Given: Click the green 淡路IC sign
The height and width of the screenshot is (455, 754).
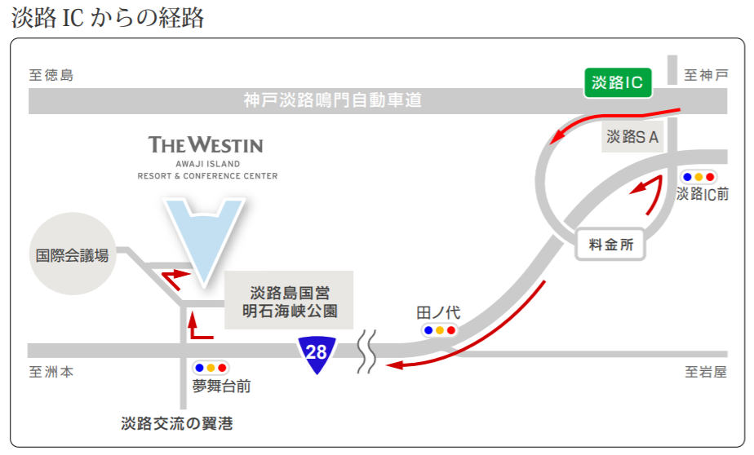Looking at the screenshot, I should click(617, 82).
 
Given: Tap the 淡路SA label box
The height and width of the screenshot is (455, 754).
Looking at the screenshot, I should click(632, 137).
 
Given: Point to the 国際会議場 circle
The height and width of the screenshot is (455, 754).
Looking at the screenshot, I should click(72, 255).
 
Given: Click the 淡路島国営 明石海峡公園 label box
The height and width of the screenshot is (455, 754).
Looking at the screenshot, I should click(289, 300).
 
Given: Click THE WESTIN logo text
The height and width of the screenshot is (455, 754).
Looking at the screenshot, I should click(206, 146).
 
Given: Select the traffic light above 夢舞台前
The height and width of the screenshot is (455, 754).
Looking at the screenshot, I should click(211, 368).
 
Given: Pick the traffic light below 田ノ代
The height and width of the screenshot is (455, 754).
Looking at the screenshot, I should click(439, 330).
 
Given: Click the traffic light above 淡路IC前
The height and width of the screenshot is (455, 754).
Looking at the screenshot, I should click(699, 177).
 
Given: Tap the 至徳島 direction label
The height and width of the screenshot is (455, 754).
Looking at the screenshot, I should click(51, 76).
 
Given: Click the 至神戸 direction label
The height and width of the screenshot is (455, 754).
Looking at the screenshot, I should click(705, 76).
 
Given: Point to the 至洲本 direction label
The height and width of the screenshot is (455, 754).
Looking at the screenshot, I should click(51, 372).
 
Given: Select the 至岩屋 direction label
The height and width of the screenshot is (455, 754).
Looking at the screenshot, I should click(705, 372).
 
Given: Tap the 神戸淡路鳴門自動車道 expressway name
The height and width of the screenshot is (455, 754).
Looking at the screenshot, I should click(332, 101).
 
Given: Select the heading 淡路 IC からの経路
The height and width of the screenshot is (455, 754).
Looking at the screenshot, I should click(108, 18).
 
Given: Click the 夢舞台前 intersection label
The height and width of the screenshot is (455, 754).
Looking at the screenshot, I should click(221, 387).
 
